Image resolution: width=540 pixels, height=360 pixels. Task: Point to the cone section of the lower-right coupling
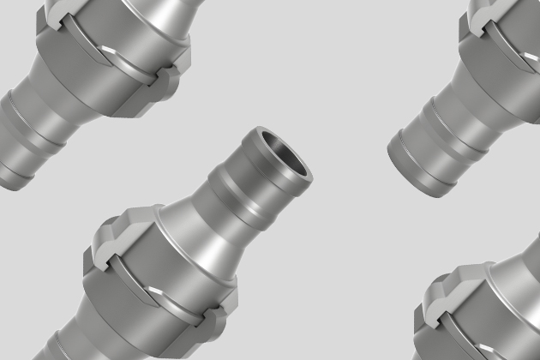point(519,274)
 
